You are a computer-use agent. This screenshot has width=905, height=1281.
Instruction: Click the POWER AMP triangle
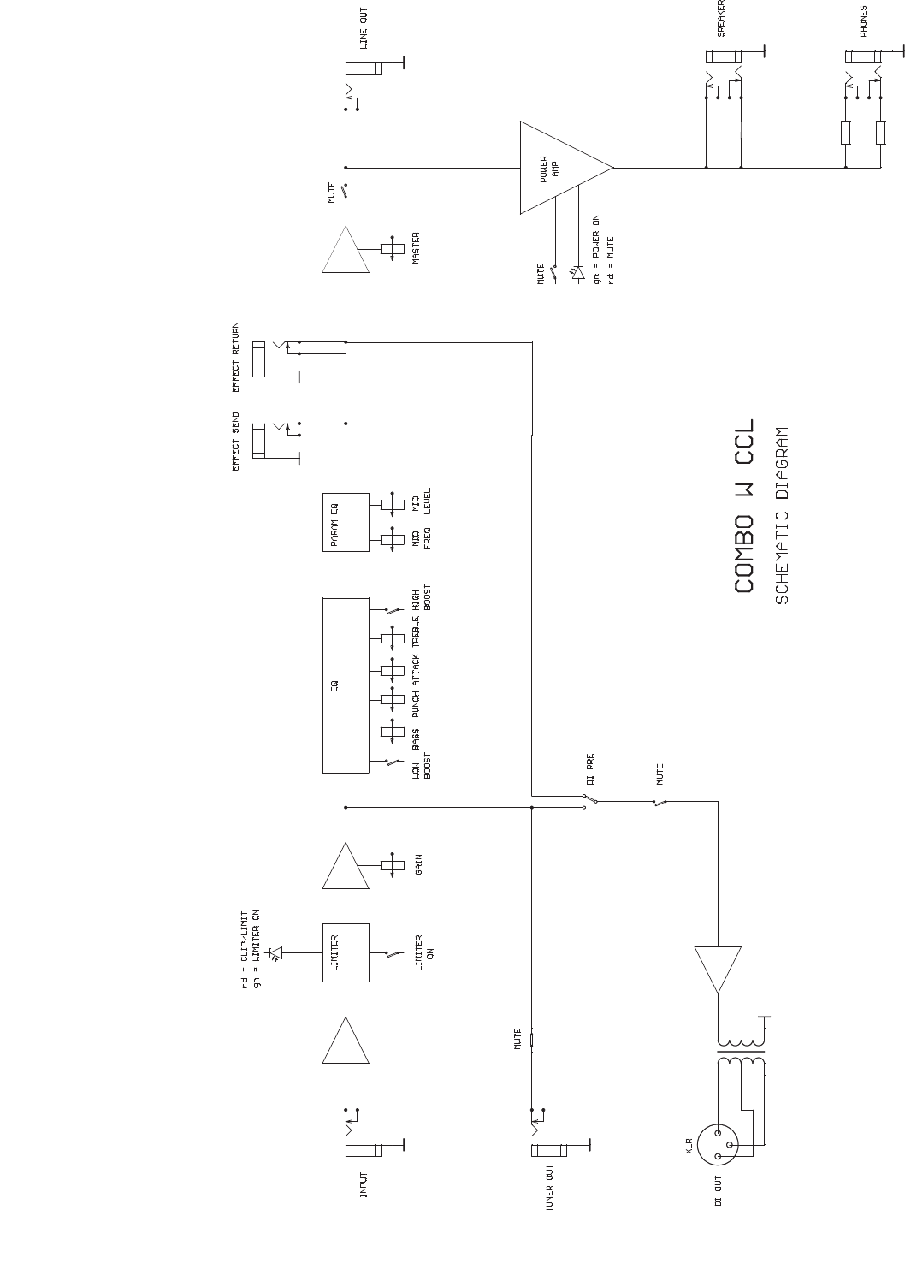(556, 168)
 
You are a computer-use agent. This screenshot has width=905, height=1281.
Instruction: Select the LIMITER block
(346, 952)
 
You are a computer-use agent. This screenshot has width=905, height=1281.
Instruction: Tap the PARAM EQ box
(346, 522)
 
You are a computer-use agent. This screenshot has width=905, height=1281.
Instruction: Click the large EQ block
(346, 685)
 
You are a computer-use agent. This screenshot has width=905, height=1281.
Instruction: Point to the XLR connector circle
(717, 1144)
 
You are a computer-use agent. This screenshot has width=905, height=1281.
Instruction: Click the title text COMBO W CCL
(745, 506)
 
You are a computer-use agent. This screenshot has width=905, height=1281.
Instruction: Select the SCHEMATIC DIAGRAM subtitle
(782, 516)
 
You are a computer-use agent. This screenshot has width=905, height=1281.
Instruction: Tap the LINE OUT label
(364, 27)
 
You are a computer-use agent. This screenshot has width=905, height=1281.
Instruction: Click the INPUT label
(364, 1184)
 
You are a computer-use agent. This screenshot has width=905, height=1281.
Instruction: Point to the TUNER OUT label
(550, 1187)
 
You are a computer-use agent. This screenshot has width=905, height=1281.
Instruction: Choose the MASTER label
(417, 248)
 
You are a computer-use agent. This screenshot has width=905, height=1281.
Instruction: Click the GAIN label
(418, 864)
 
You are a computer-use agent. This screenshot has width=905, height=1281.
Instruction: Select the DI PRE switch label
(590, 768)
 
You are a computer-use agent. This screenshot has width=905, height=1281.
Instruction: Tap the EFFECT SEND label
(236, 442)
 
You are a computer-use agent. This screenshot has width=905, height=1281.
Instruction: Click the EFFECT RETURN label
(236, 357)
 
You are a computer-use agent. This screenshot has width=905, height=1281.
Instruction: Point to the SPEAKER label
(721, 18)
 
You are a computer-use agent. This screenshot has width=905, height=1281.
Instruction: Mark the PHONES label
(864, 21)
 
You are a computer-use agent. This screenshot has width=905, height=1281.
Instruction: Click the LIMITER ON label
(424, 948)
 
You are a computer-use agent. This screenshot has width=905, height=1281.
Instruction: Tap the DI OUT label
(719, 1190)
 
